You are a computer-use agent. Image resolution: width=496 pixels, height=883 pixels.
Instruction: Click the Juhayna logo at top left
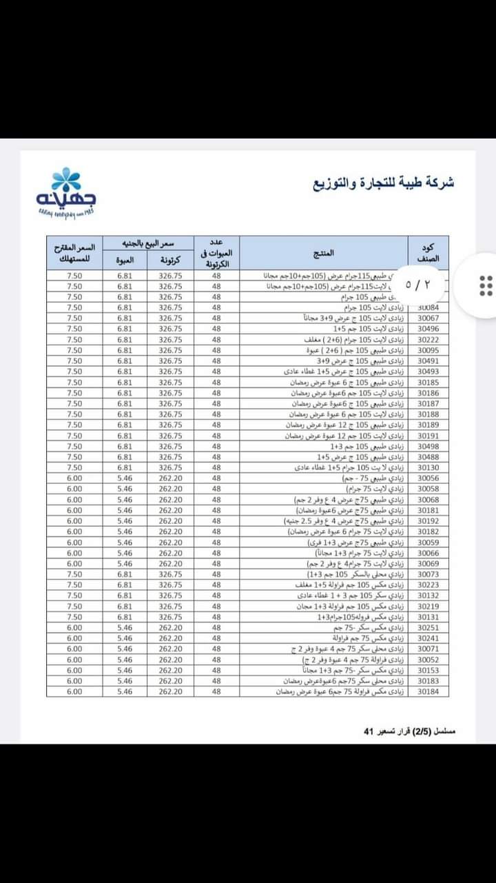(x=66, y=191)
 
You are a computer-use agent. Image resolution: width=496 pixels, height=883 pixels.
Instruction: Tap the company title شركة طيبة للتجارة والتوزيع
(x=384, y=183)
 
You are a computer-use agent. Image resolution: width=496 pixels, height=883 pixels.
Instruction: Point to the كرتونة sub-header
(x=170, y=260)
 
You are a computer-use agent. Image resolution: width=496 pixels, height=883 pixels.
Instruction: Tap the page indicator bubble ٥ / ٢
(x=417, y=284)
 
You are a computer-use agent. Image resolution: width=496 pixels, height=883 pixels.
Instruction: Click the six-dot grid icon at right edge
(x=485, y=285)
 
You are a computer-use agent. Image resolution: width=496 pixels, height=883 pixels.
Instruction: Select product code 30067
(x=428, y=318)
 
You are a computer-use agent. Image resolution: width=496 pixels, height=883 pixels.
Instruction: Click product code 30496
(x=428, y=329)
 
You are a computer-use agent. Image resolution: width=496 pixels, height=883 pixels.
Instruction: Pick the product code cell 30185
(x=428, y=383)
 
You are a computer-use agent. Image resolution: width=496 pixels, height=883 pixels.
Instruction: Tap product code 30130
(x=428, y=468)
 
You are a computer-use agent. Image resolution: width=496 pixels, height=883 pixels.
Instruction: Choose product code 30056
(x=428, y=478)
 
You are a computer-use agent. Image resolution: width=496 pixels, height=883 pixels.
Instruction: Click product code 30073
(x=428, y=574)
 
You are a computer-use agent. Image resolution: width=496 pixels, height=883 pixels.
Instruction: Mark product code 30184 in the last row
(x=428, y=691)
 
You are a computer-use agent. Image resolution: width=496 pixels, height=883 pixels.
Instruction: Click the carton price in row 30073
(x=170, y=574)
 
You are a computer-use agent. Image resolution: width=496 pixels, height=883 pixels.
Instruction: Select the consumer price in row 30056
(x=74, y=478)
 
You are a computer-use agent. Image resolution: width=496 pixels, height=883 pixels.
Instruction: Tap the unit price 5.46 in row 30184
(x=125, y=691)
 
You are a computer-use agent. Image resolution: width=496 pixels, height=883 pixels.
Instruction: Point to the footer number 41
(x=368, y=731)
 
